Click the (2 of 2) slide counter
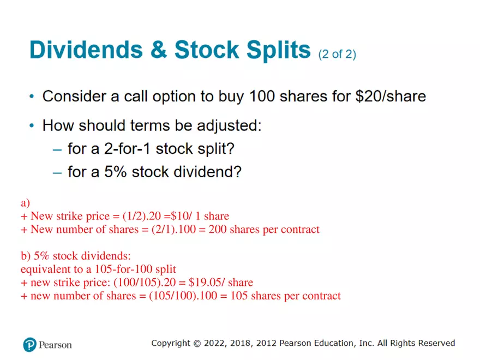tap(337, 54)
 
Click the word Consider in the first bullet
tap(71, 97)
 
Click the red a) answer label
tap(25, 203)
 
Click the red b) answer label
tap(25, 256)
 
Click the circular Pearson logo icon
tap(30, 345)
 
